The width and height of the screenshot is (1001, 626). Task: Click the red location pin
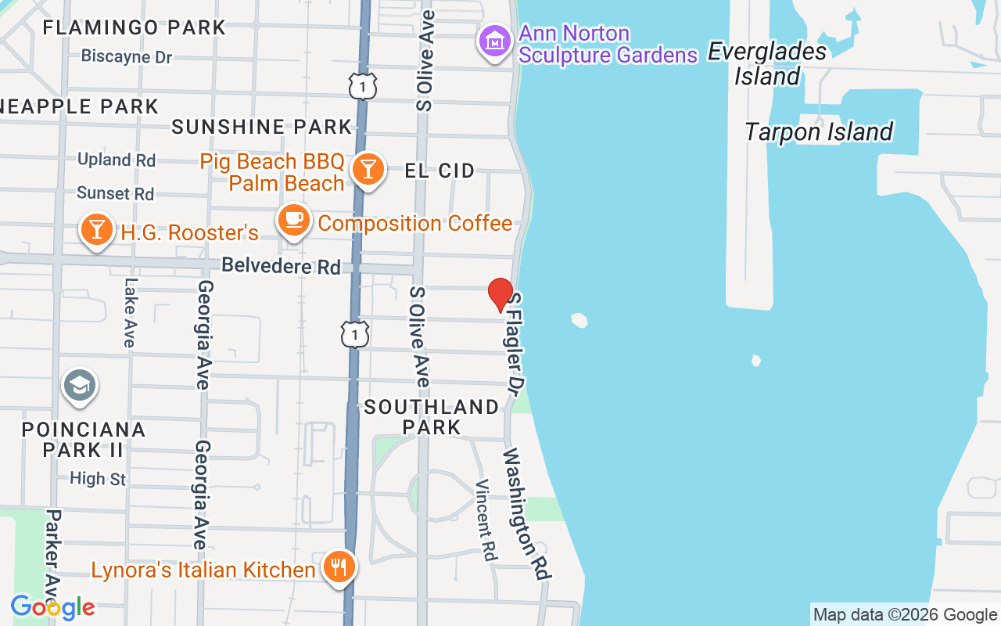[x=500, y=294]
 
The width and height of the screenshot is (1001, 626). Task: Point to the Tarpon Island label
[x=819, y=131]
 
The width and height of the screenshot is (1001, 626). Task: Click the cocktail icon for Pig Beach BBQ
[x=367, y=168]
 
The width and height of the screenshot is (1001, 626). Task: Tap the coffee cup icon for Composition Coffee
[x=294, y=221]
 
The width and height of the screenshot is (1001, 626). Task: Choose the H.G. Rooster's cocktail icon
[x=97, y=230]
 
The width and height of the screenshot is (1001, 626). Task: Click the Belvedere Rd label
[x=282, y=266]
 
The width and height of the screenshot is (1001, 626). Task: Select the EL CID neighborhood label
[x=440, y=171]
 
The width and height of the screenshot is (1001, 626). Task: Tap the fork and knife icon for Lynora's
[x=339, y=567]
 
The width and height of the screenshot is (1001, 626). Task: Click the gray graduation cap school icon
[x=80, y=386]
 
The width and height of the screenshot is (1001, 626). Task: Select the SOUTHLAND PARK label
[x=432, y=416]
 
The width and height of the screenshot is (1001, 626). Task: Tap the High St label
[x=98, y=478]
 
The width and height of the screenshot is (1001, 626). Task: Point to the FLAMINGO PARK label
[x=134, y=27]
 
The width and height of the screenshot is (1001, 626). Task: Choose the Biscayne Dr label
[x=127, y=57]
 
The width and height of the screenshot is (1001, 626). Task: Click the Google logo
[x=52, y=607]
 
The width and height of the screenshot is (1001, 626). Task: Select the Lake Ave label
[x=130, y=313]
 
